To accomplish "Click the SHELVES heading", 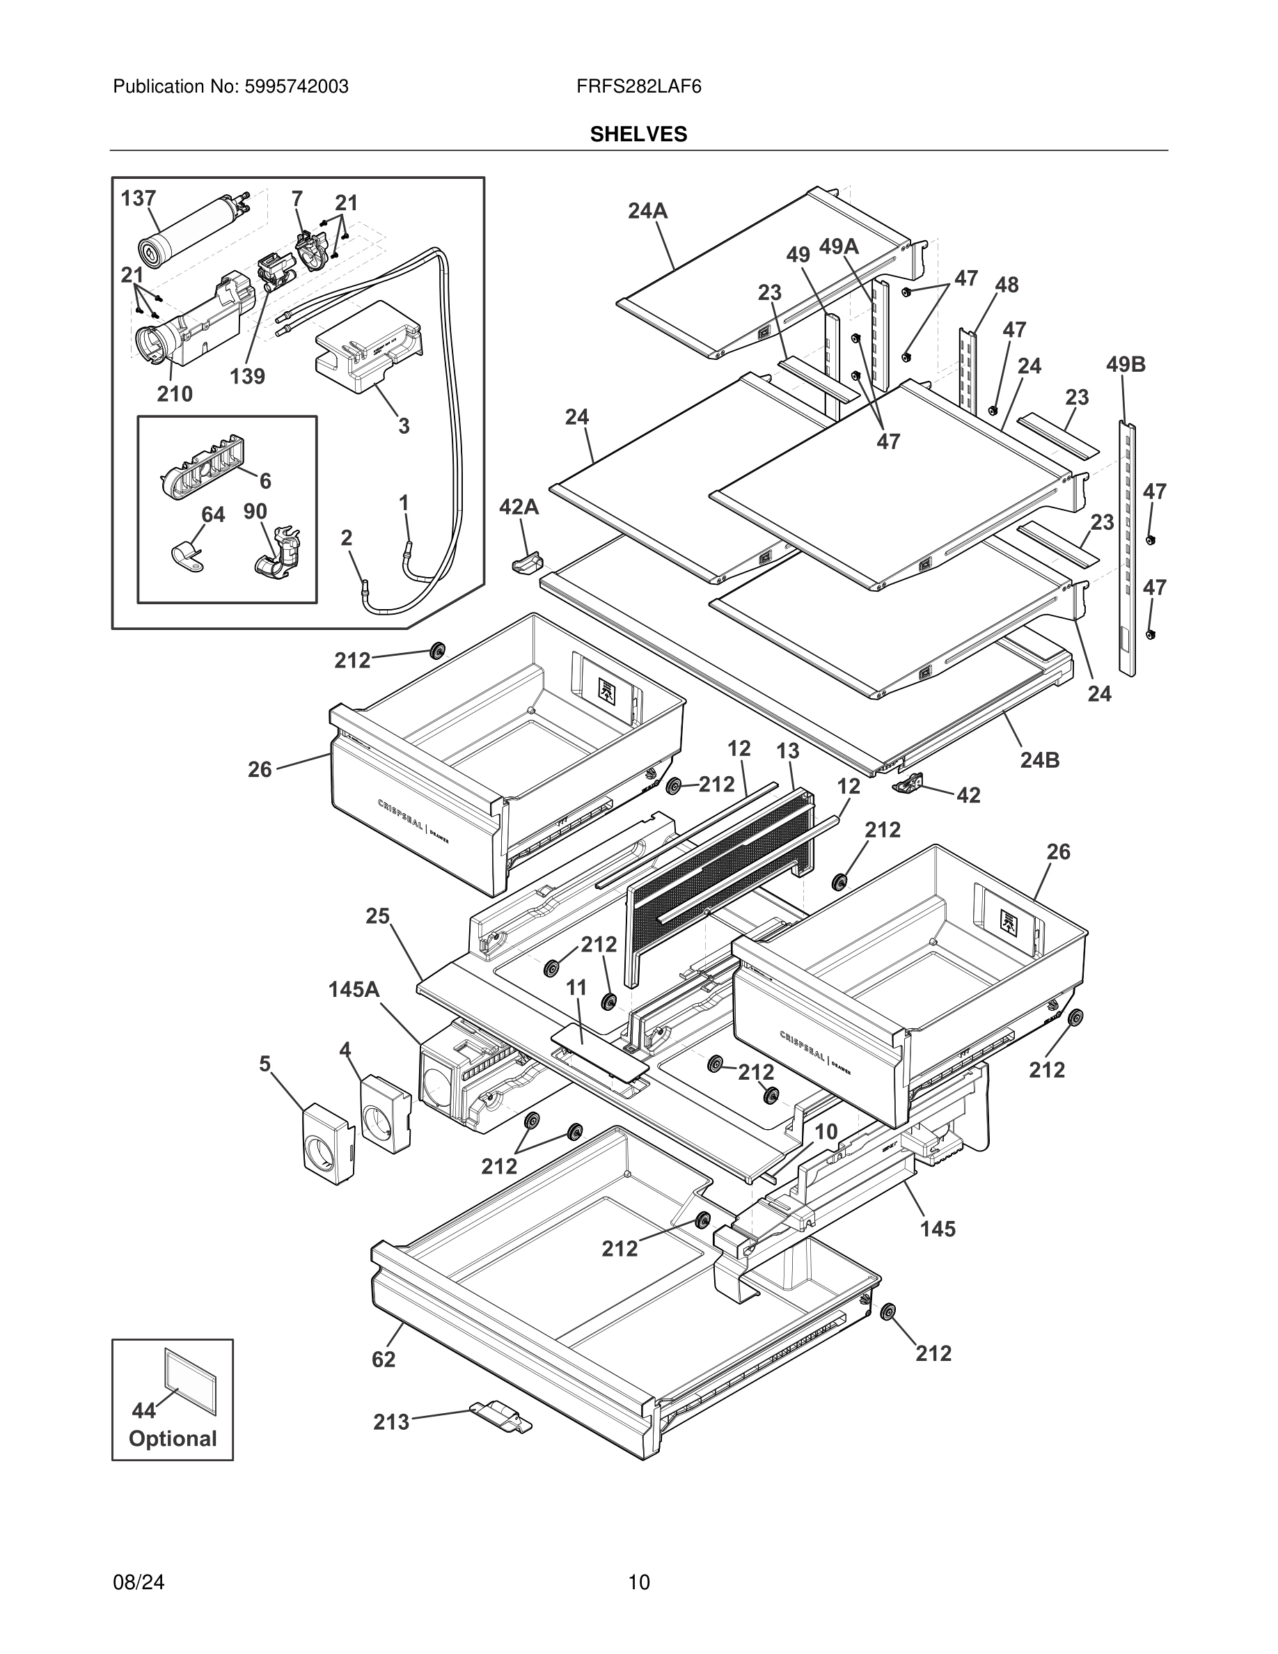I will click(638, 134).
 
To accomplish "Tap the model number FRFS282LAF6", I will click(638, 86).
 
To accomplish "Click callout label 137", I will click(139, 198).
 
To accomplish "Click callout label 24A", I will click(647, 212).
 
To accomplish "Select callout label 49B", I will click(1125, 364).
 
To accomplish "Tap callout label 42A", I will click(519, 507).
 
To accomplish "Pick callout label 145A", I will click(354, 989).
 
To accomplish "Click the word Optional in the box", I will click(173, 1438).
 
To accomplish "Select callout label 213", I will click(390, 1422).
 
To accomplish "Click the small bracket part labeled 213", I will click(500, 1415).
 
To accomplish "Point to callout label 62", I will click(383, 1360).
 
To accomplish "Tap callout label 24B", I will click(1039, 759).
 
